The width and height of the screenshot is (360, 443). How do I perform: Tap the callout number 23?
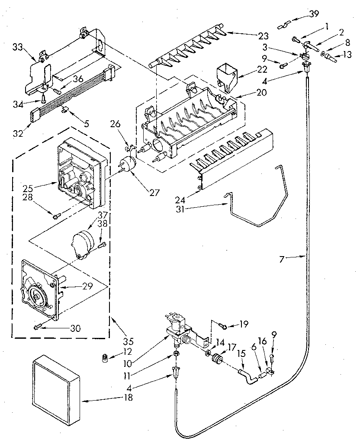pos(251,36)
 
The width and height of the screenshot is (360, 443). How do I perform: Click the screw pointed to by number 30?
pos(37,327)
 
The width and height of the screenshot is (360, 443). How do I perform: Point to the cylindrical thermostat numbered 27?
pos(127,164)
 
